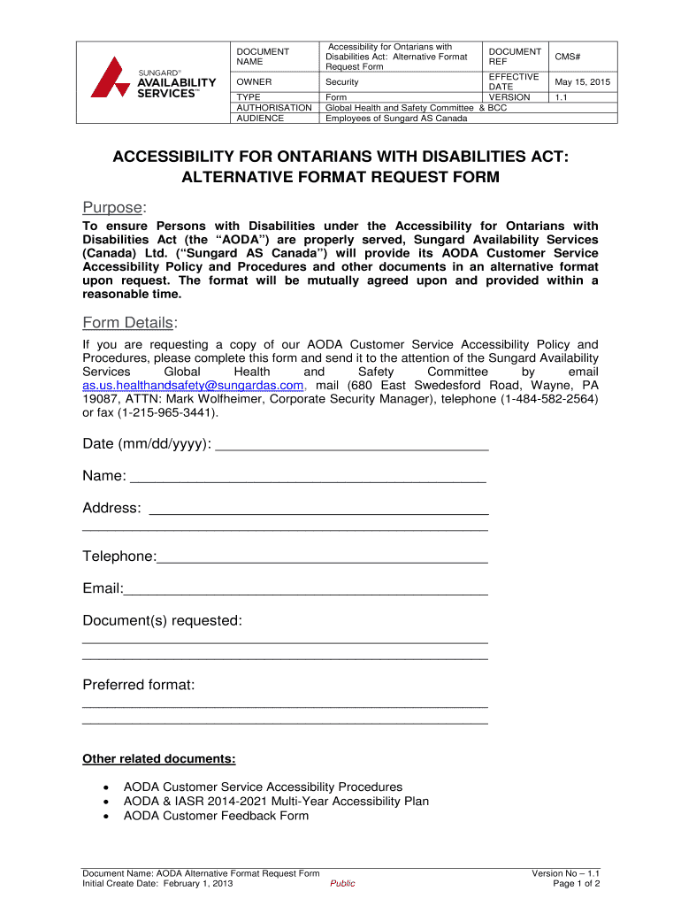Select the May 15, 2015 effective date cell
tap(582, 82)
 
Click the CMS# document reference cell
tap(567, 57)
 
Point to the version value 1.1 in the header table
tap(561, 97)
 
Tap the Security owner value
tap(342, 82)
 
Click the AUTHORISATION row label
tap(274, 107)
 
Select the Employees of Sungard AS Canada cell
tap(396, 118)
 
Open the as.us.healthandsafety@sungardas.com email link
tap(193, 386)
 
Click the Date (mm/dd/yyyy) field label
tap(147, 443)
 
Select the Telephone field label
tap(119, 556)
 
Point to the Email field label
tap(103, 588)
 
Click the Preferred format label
tap(139, 685)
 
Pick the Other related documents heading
tap(159, 758)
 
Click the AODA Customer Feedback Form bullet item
tap(216, 815)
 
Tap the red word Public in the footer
tap(342, 884)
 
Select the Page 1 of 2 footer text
tap(576, 884)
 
